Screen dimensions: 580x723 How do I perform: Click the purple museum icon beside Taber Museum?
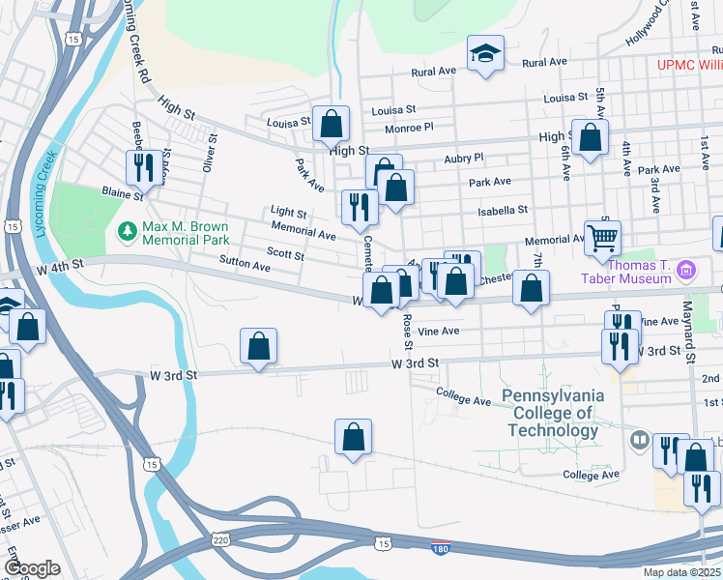[686, 268]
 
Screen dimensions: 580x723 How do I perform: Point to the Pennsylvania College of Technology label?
[552, 413]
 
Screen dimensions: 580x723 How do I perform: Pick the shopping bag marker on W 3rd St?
[258, 346]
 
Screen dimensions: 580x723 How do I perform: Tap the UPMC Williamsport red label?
[689, 65]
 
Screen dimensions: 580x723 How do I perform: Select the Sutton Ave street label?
[245, 263]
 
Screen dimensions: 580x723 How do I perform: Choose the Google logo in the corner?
[32, 568]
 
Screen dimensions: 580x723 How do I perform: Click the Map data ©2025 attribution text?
[681, 572]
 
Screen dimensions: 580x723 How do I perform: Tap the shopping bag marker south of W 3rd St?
[354, 437]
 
